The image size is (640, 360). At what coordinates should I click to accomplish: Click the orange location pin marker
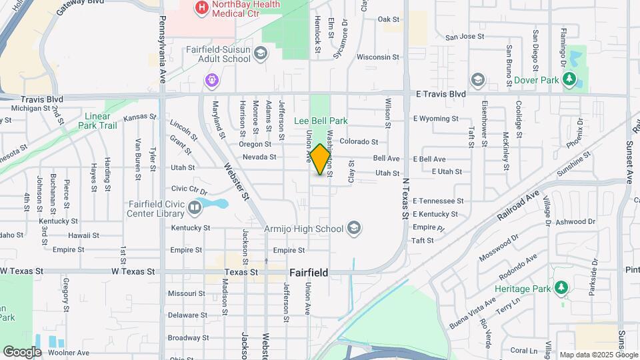click(x=321, y=159)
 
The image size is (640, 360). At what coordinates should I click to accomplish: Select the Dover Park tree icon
click(x=569, y=80)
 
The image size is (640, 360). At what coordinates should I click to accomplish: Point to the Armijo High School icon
click(x=354, y=229)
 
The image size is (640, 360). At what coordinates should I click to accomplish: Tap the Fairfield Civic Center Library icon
click(x=195, y=208)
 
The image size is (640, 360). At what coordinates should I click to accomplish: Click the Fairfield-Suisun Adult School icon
click(x=260, y=53)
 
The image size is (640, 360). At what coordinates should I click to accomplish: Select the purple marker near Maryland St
click(x=212, y=81)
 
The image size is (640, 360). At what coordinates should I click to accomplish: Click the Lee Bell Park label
click(x=321, y=121)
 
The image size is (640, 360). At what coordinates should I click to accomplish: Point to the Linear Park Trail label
click(x=97, y=121)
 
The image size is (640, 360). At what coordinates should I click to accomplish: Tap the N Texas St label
click(x=403, y=198)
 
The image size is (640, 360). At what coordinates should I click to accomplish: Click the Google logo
click(x=22, y=352)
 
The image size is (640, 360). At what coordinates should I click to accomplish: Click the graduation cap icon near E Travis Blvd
click(x=477, y=80)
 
